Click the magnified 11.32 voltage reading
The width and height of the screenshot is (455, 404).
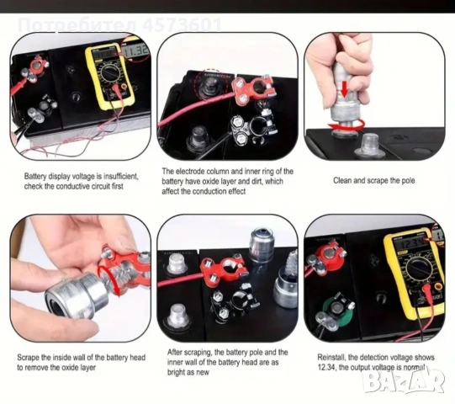tap(135, 51)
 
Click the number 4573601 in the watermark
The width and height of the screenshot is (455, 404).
tap(182, 24)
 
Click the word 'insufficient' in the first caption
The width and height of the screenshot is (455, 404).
tap(121, 176)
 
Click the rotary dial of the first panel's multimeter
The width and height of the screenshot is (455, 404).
tap(109, 72)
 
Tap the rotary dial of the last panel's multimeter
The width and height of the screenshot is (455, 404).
tap(417, 269)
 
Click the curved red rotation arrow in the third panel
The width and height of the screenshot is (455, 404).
tap(346, 125)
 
